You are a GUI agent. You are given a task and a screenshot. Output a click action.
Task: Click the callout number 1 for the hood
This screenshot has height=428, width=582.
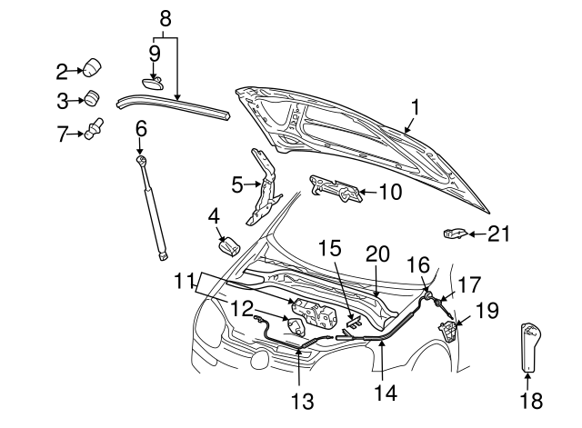(414, 108)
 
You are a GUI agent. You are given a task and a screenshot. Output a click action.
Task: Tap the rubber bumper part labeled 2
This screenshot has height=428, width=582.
(92, 68)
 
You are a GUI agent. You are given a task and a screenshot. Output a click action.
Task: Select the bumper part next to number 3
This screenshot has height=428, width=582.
(92, 99)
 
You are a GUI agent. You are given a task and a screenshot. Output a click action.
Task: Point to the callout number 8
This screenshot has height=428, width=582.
(165, 17)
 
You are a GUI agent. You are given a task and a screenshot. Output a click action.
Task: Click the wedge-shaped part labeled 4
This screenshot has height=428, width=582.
(227, 244)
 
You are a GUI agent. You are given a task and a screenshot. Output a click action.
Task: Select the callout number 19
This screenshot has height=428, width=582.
(487, 310)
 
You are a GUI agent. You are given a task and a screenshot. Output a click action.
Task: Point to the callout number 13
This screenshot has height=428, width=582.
(300, 401)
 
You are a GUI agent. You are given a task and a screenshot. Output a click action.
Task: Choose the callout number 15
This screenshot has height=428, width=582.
(329, 248)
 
